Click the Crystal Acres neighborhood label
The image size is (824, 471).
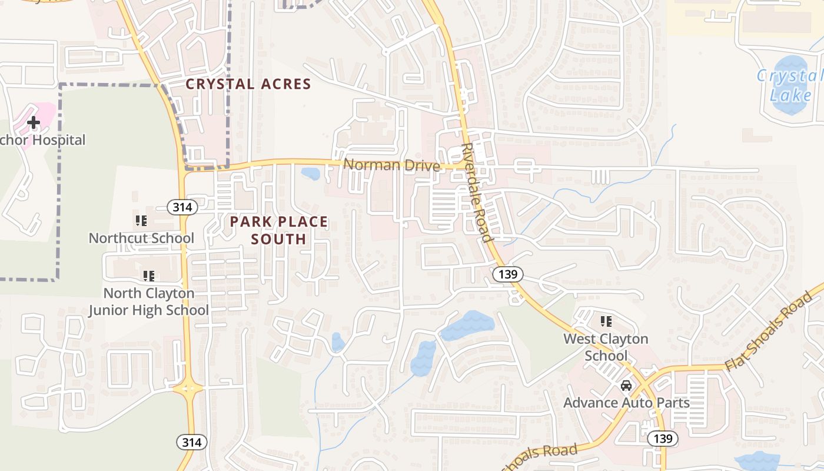pos(248,84)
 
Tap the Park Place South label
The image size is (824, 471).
pos(278,230)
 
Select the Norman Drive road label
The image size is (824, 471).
pos(391,165)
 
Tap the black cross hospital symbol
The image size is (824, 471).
pos(34,122)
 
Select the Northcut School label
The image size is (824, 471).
pos(141,238)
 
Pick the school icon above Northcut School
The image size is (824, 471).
pos(141,221)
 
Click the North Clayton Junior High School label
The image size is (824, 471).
pos(148,301)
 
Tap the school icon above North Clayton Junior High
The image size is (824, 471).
pos(148,276)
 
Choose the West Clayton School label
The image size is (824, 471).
pos(606,347)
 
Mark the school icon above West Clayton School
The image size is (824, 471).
pos(606,321)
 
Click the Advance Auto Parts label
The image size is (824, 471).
pos(626,403)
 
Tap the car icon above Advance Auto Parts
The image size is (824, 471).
pos(626,386)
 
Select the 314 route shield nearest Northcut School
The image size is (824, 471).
pos(182,207)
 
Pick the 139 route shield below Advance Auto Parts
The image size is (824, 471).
pos(663,439)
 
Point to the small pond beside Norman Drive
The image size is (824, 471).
pos(310,174)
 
